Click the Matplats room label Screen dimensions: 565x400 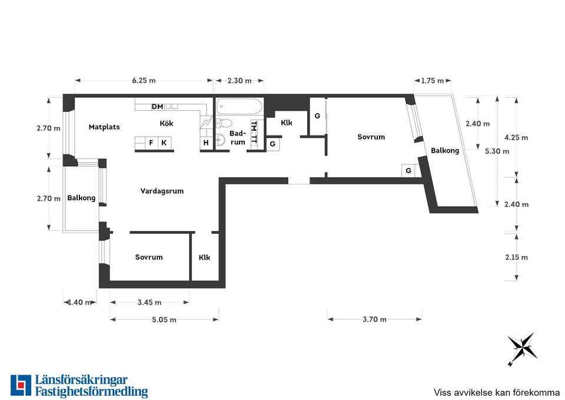click(x=104, y=127)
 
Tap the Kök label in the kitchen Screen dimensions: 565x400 click(x=167, y=123)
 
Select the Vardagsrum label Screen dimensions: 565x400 click(x=162, y=191)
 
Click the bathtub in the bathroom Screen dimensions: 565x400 click(x=238, y=107)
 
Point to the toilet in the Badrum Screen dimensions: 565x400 click(x=224, y=123)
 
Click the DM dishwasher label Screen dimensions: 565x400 click(x=158, y=107)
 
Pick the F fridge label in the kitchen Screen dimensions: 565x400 click(x=151, y=143)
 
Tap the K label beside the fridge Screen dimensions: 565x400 click(x=164, y=143)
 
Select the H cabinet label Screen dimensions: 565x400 click(x=206, y=143)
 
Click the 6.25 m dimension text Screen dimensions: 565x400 click(x=144, y=81)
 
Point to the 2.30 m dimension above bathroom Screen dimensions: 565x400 click(x=240, y=81)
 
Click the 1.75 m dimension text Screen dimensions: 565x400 click(x=433, y=81)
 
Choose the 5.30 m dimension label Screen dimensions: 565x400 click(x=497, y=151)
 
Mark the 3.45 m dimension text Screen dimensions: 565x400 click(x=149, y=302)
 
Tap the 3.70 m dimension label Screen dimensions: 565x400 click(x=375, y=319)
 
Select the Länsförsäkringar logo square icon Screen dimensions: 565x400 click(x=21, y=385)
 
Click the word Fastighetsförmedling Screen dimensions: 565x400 click(x=92, y=392)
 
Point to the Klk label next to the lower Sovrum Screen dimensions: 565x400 click(x=204, y=257)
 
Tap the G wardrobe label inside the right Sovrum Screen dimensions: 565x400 click(x=408, y=171)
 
